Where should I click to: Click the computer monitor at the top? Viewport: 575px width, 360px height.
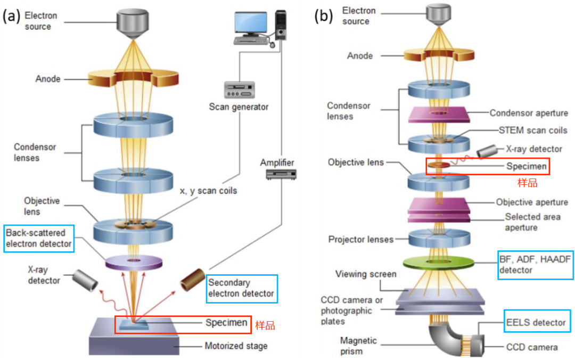point(251,24)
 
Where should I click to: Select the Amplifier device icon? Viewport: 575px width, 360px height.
point(277,174)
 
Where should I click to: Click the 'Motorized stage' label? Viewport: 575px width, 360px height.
point(236,346)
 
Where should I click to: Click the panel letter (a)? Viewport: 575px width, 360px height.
point(12,16)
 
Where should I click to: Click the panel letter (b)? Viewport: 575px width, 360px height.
point(324,16)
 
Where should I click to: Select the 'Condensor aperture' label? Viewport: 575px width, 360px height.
point(529,113)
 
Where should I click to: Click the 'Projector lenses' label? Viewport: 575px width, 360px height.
point(360,239)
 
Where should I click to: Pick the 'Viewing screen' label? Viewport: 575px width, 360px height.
point(366,274)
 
